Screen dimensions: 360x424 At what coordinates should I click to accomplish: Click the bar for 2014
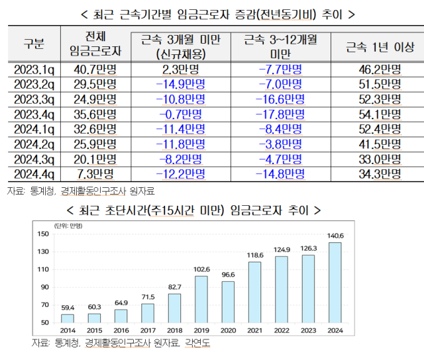point(68,318)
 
